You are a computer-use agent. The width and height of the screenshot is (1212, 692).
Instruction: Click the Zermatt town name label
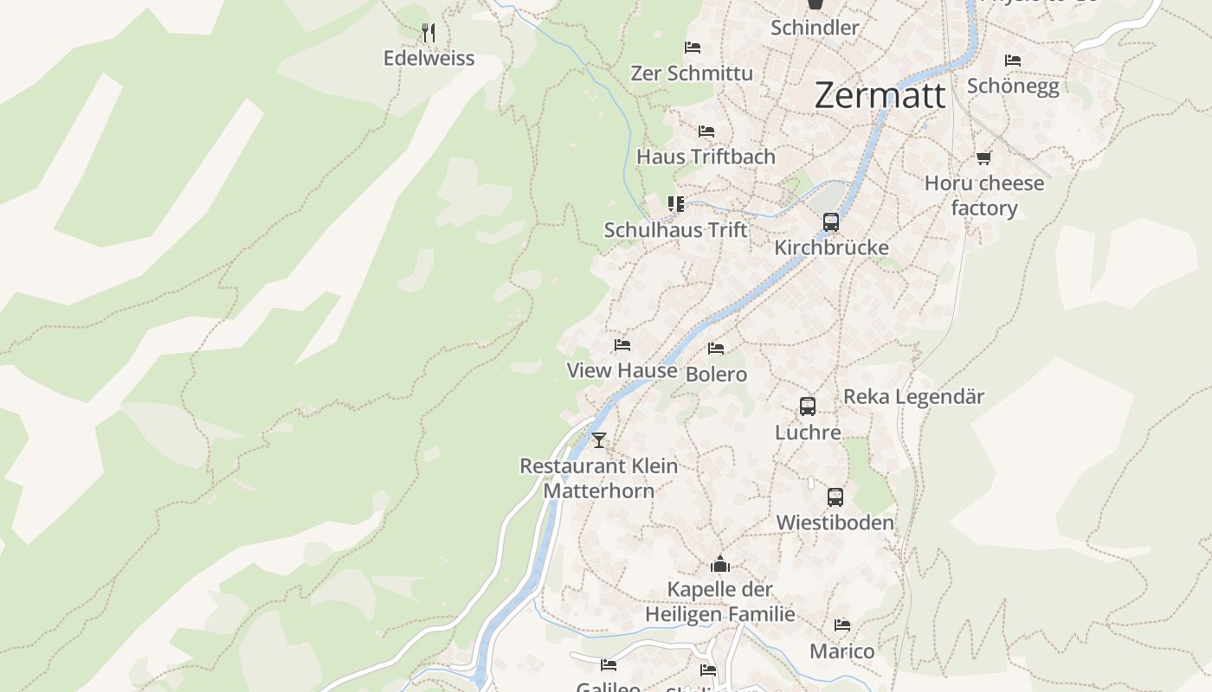click(880, 94)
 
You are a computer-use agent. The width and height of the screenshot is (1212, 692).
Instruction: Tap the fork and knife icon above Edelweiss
click(429, 33)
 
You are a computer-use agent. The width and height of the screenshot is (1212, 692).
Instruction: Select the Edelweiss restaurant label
click(429, 58)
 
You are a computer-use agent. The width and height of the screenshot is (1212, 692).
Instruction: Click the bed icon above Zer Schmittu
click(692, 48)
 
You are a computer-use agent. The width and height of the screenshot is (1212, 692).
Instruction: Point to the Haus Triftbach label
click(706, 157)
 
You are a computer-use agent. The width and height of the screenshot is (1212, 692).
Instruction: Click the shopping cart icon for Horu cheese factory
click(983, 157)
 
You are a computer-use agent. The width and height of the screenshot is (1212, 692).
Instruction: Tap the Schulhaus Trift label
click(675, 230)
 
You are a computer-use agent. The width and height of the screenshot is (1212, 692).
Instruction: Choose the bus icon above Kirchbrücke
click(831, 221)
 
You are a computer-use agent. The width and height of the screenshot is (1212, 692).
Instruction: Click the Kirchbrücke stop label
click(831, 247)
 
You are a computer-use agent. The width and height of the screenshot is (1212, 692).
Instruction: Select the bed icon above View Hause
click(622, 345)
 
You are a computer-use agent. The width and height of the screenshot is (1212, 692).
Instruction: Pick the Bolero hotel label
click(716, 375)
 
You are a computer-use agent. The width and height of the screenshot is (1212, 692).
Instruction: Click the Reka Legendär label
click(913, 397)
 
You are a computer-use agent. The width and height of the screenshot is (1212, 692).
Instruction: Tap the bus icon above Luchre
click(808, 406)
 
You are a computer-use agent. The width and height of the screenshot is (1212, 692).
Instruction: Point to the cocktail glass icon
click(598, 439)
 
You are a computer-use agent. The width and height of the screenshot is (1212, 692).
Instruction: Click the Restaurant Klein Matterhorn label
click(598, 477)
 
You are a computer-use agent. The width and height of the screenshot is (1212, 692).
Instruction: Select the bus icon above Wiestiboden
click(835, 497)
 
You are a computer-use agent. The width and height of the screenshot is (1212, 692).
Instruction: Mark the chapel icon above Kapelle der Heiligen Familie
click(720, 565)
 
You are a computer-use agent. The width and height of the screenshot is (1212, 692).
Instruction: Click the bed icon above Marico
click(841, 625)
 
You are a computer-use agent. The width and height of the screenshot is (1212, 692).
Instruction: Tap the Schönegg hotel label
click(1013, 86)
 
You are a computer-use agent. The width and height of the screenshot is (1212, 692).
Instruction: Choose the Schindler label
click(815, 27)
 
